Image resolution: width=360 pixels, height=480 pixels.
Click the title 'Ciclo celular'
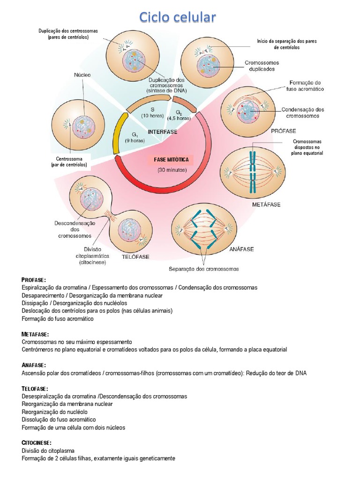click(178, 17)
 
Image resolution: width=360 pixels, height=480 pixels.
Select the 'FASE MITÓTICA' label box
click(171, 160)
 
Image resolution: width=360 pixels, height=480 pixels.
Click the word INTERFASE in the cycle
click(163, 132)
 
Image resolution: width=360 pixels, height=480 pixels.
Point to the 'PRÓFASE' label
click(284, 131)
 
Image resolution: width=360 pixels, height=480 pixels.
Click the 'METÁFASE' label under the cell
click(266, 204)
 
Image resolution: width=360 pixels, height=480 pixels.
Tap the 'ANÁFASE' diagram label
click(241, 249)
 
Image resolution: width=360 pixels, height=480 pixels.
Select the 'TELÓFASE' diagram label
click(135, 257)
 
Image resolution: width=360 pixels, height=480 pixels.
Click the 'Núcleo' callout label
click(82, 75)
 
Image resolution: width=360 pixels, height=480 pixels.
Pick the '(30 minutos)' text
click(172, 170)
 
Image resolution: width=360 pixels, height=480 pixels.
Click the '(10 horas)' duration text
click(152, 116)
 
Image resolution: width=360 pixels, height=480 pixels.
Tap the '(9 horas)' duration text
click(135, 141)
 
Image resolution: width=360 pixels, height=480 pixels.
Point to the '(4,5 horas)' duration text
click(179, 118)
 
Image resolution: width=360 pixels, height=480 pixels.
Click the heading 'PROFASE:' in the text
click(34, 280)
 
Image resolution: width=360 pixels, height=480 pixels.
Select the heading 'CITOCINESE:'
click(37, 443)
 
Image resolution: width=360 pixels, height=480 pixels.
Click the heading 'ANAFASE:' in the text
click(34, 365)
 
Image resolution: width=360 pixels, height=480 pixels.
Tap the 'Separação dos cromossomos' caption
click(204, 269)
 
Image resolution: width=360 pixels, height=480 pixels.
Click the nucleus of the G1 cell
click(83, 127)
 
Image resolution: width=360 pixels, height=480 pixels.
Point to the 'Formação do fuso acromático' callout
click(305, 86)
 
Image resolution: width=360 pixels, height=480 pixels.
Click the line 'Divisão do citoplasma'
click(48, 451)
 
